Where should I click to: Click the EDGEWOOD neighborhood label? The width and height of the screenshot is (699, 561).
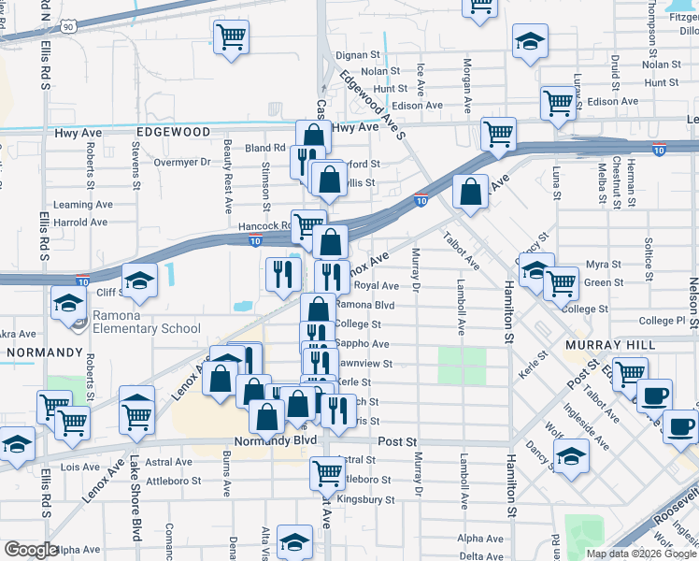pyautogui.click(x=173, y=133)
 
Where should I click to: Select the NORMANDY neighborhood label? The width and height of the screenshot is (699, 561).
pyautogui.click(x=46, y=352)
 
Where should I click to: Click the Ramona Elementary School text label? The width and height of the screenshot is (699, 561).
pyautogui.click(x=140, y=328)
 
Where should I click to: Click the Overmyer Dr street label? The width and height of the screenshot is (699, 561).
pyautogui.click(x=183, y=162)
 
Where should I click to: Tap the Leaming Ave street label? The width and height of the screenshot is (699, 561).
pyautogui.click(x=81, y=205)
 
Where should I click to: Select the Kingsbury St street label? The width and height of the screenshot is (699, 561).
pyautogui.click(x=362, y=499)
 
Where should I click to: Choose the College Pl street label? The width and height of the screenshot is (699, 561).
pyautogui.click(x=663, y=321)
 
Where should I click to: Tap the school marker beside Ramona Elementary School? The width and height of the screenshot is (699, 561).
pyautogui.click(x=68, y=304)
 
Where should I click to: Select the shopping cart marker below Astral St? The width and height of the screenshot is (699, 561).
pyautogui.click(x=327, y=473)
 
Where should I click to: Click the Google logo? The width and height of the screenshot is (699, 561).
pyautogui.click(x=31, y=550)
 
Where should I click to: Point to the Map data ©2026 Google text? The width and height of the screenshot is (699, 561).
pyautogui.click(x=641, y=554)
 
